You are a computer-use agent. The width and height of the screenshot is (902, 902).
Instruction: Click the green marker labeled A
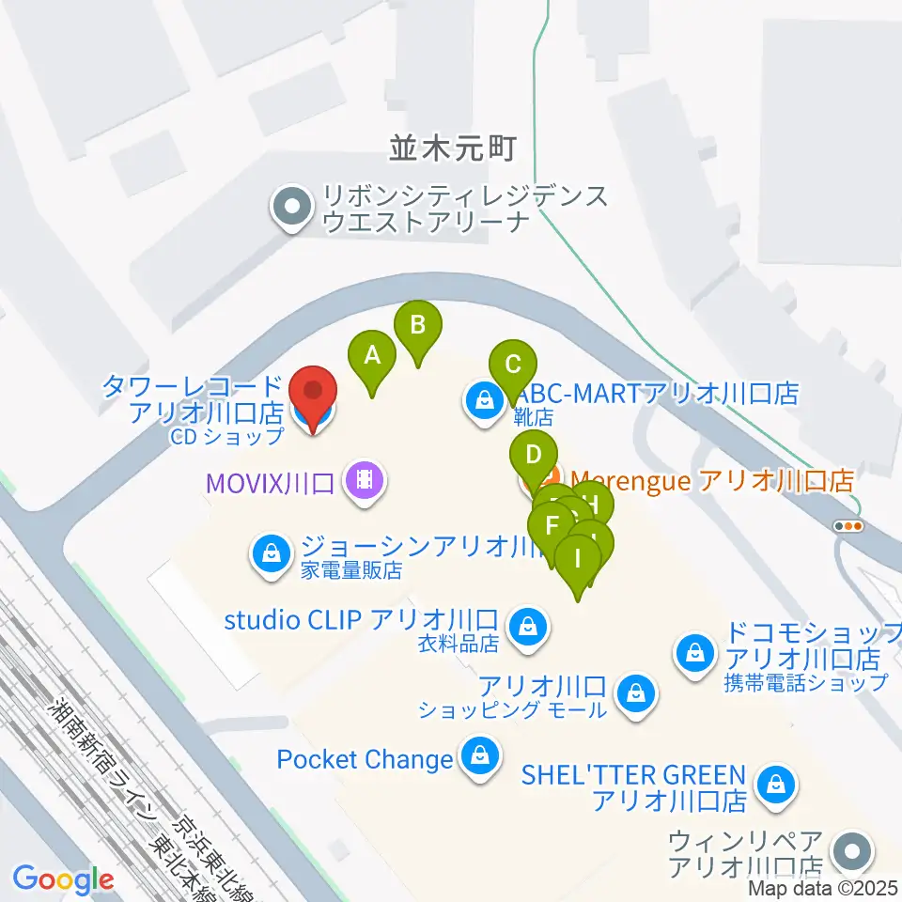tap(372, 357)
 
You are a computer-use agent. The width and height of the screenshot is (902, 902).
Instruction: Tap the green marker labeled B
tap(419, 326)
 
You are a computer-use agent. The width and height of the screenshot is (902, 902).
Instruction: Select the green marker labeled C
tap(512, 365)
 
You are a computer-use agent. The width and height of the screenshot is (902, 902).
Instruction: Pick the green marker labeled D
tap(533, 457)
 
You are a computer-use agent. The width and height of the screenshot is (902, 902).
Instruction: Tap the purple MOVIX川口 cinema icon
tap(364, 482)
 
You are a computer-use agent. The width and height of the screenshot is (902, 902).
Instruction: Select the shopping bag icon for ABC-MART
tap(484, 402)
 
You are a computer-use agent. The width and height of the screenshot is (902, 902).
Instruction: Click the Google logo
tap(63, 880)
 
